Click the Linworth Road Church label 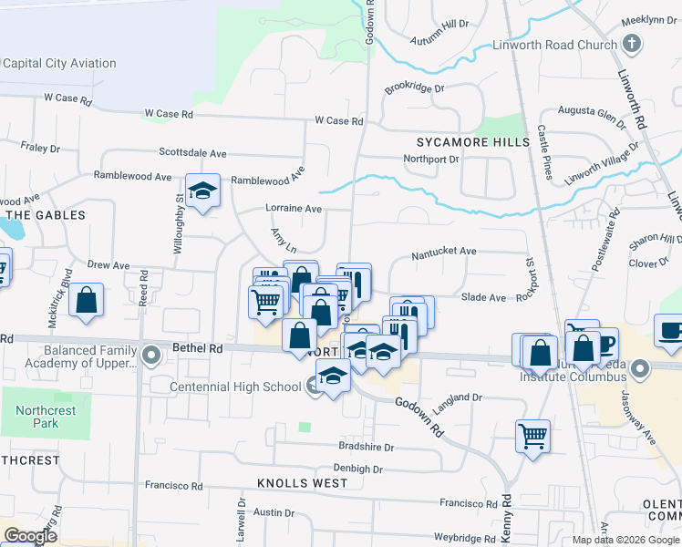pos(554,45)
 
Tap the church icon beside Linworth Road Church pos(631,44)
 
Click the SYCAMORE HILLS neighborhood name pos(472,142)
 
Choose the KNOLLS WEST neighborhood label pos(302,482)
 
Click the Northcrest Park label pos(46,417)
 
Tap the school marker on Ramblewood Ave pos(203,191)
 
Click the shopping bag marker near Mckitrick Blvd pos(86,301)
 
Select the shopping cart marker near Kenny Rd pos(532,435)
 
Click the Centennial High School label pos(235,387)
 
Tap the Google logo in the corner pos(30,536)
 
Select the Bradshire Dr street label pos(366,448)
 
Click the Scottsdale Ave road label pos(192,153)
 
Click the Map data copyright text pos(625,540)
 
